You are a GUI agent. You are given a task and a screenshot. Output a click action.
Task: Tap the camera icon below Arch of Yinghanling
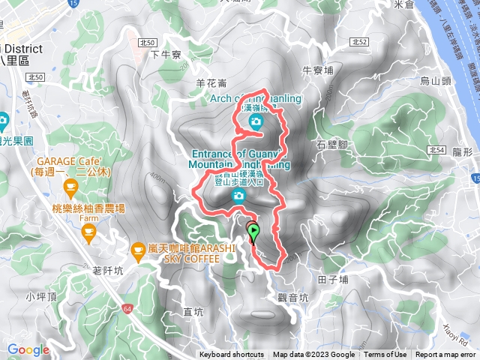click(256, 121)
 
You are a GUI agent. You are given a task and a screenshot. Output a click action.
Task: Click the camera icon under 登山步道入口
click(238, 196)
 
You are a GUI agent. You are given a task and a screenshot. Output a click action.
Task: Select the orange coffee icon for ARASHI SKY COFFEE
click(138, 248)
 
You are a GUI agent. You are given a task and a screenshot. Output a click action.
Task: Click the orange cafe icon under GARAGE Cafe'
click(70, 185)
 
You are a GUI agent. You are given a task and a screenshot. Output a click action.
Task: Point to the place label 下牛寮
click(166, 55)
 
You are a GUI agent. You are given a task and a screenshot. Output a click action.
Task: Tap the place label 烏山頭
click(434, 80)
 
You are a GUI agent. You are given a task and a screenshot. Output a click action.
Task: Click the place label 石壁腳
click(332, 142)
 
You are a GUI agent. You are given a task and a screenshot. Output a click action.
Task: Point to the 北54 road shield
click(437, 150)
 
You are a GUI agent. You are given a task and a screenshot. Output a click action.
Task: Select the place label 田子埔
click(333, 279)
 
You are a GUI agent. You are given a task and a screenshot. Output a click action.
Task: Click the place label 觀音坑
click(292, 297)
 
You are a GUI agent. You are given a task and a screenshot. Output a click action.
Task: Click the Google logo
click(28, 349)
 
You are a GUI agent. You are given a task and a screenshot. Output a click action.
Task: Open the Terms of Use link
click(385, 355)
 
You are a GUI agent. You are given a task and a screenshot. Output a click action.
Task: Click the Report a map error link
click(445, 355)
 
